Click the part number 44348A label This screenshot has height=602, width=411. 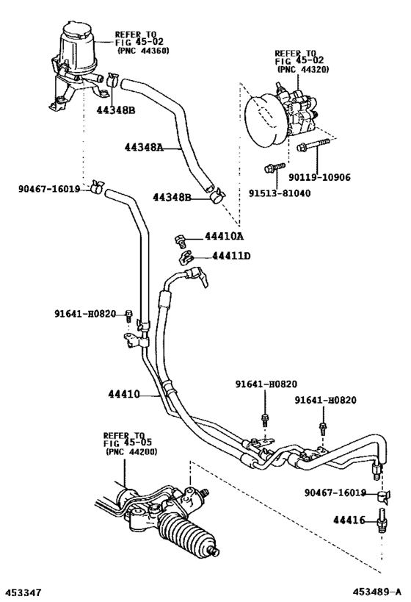coord(144,147)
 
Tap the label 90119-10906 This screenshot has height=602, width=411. coord(320,177)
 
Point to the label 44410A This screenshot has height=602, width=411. coord(224,236)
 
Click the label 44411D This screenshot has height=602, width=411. coord(231,255)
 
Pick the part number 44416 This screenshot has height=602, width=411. coord(349,520)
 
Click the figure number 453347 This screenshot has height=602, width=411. coord(21,593)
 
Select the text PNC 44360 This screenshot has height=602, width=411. coord(142,51)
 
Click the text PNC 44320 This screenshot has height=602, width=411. coord(303,70)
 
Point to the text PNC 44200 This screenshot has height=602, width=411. coord(131,452)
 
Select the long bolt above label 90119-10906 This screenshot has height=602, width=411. coord(313,144)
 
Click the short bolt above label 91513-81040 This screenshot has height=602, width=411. coord(275,168)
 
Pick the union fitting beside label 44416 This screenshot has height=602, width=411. coord(382,520)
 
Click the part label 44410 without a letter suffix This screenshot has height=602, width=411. coord(123,394)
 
